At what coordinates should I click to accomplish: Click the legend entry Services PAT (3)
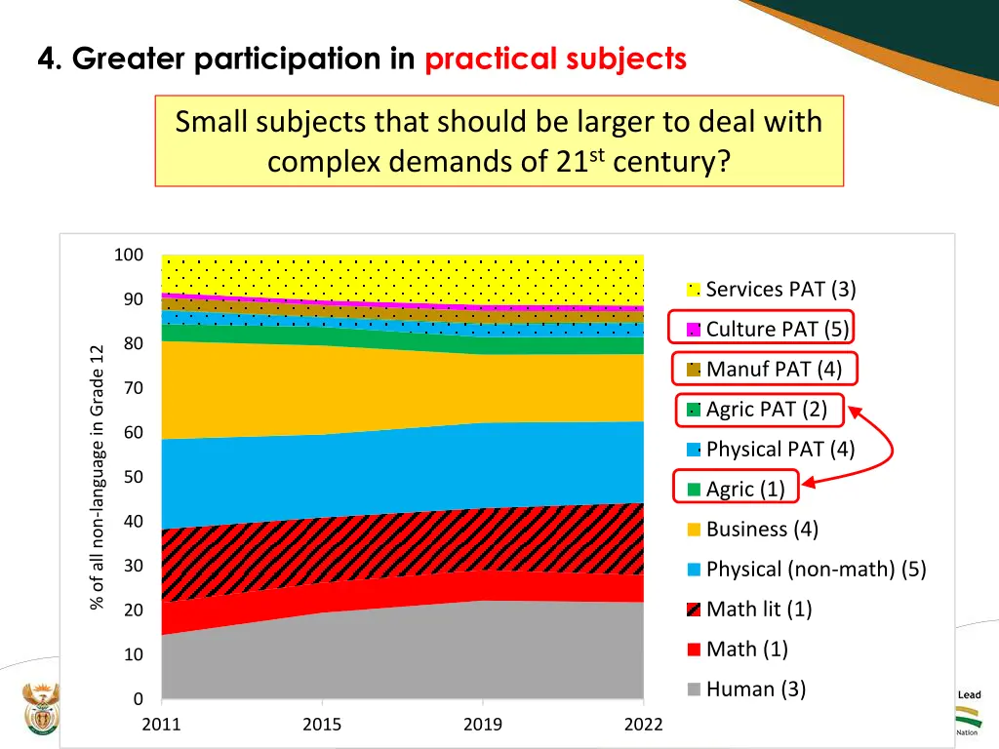click(x=780, y=289)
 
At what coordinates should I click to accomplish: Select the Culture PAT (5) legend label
click(x=778, y=329)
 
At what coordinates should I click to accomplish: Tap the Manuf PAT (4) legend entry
click(x=774, y=369)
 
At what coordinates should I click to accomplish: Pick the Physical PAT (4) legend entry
click(x=779, y=449)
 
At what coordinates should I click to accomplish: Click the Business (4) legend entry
click(x=762, y=529)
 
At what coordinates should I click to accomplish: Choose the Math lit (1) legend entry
click(x=758, y=609)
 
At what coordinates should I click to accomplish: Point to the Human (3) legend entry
click(x=755, y=689)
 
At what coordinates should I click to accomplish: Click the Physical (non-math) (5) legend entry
click(x=816, y=569)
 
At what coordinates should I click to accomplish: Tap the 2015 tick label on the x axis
click(x=322, y=725)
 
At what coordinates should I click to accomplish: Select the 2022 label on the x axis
click(x=643, y=725)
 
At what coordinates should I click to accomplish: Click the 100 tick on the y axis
click(x=129, y=256)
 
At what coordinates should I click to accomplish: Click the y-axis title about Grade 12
click(x=97, y=477)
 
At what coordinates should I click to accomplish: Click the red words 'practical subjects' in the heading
click(x=555, y=59)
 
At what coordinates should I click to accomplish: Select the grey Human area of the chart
click(x=390, y=653)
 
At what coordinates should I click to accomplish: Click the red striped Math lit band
click(x=390, y=541)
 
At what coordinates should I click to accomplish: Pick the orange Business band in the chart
click(x=390, y=390)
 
